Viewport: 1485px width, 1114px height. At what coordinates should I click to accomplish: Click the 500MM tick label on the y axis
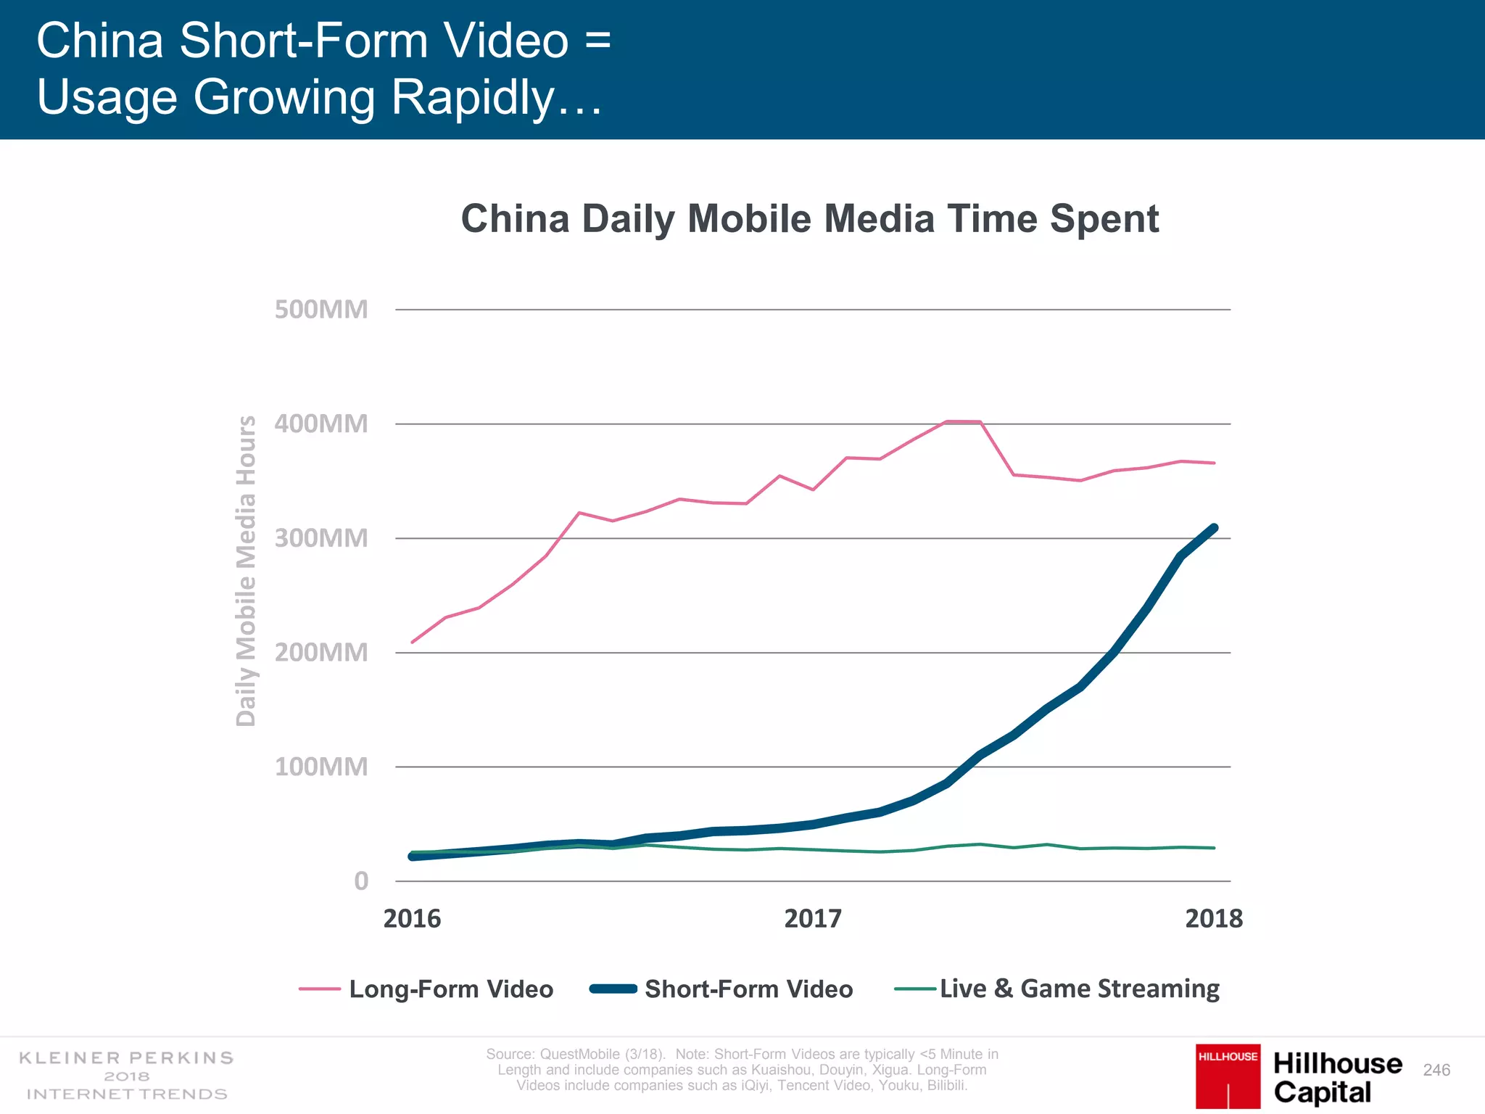pos(321,310)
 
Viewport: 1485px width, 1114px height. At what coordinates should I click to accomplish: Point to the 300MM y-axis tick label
pos(321,538)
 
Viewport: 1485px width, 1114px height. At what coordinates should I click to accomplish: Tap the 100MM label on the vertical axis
pos(321,767)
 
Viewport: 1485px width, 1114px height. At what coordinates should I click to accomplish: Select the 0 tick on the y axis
pos(361,881)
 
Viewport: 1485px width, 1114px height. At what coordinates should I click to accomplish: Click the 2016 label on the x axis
pos(412,919)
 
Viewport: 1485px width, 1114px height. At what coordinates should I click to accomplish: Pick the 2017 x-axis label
pos(813,919)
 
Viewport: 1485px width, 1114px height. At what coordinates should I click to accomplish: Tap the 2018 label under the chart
pos(1214,919)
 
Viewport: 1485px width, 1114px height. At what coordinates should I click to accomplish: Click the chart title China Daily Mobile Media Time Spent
pos(809,218)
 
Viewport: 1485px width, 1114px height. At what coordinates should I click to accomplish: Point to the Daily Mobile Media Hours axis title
pos(247,571)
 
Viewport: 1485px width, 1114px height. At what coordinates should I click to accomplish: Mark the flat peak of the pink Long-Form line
pos(963,421)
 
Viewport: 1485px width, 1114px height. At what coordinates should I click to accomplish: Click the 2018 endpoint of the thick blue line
pos(1214,528)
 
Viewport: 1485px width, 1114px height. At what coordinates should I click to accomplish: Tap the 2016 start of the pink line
pos(413,642)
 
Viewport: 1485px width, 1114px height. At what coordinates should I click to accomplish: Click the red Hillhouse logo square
pos(1228,1076)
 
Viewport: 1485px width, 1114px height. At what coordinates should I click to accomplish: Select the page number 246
pos(1436,1070)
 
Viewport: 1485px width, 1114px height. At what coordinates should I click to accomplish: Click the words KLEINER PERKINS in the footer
pos(126,1058)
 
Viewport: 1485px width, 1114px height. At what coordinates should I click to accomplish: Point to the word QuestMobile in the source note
pos(579,1054)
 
